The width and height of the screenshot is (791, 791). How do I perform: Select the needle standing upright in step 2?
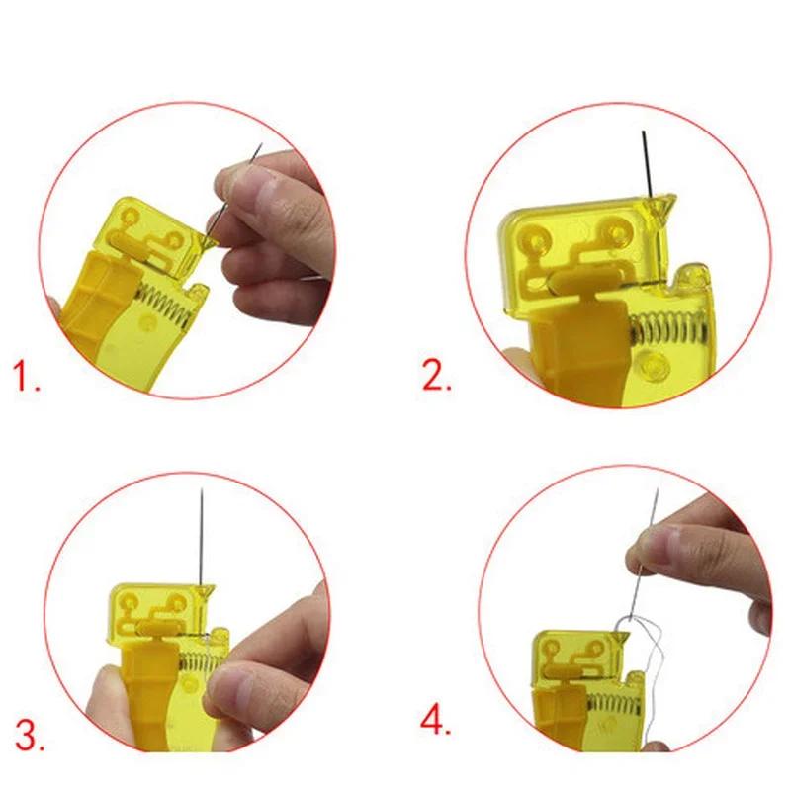tap(644, 163)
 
